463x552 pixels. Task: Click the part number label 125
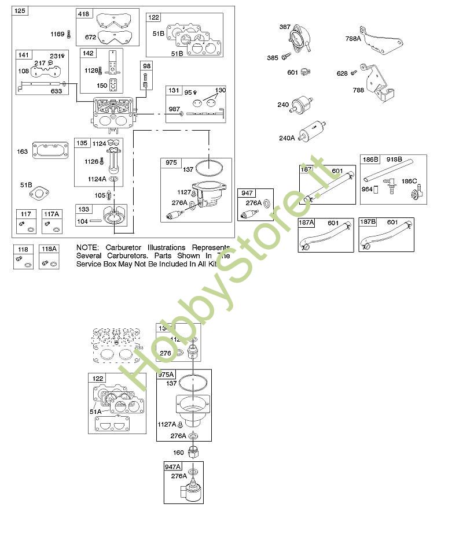[x=20, y=11]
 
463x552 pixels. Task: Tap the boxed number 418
[x=84, y=14]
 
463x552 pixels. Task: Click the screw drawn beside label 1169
[x=69, y=35]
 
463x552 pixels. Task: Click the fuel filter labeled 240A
[x=313, y=131]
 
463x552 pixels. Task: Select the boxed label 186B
[x=370, y=160]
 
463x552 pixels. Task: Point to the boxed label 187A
[x=307, y=223]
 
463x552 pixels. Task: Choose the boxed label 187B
[x=369, y=223]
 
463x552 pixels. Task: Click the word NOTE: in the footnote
[x=87, y=247]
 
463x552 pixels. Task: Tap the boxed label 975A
[x=167, y=375]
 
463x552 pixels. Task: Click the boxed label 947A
[x=173, y=466]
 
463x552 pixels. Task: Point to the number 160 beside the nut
[x=178, y=453]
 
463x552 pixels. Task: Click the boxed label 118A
[x=50, y=249]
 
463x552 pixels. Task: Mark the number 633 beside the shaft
[x=56, y=91]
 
